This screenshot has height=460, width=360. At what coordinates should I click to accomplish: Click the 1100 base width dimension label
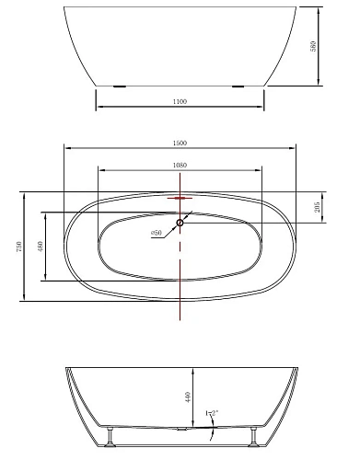[x=180, y=101]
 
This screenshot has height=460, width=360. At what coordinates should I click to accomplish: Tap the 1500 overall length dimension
[x=180, y=143]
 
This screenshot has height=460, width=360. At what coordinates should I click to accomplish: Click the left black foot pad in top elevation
[x=119, y=87]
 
